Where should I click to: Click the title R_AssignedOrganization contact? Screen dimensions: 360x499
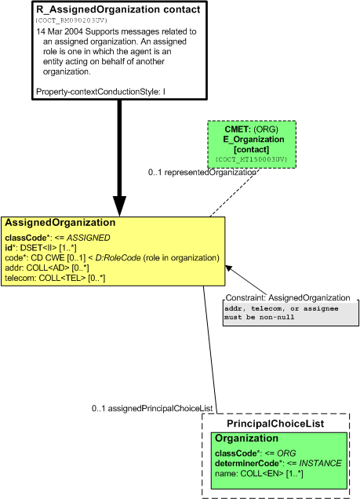118,9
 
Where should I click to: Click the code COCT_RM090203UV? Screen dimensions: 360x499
71,20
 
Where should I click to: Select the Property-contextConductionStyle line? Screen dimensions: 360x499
100,92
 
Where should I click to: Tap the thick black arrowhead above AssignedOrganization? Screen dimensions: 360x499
119,206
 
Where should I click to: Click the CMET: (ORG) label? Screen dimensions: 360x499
252,129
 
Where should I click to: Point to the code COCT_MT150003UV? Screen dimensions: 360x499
252,159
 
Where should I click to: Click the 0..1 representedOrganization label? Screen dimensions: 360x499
202,172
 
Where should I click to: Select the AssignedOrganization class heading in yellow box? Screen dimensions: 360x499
60,223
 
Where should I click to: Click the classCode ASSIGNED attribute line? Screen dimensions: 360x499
57,238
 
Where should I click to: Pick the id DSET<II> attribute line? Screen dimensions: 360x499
41,248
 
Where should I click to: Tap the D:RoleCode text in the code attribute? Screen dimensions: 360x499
118,258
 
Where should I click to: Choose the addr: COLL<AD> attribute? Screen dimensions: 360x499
47,268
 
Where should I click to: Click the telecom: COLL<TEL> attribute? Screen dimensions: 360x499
55,278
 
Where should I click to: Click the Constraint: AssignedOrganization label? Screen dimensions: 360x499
288,298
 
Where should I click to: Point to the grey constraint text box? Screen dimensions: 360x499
291,314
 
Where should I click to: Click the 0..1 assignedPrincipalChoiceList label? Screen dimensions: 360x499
152,408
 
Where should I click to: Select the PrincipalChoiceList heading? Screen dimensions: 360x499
275,424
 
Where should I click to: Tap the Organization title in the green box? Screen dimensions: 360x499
246,439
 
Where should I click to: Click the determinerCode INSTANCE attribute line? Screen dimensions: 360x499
278,463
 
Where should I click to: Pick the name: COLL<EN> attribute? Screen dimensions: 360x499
259,474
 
